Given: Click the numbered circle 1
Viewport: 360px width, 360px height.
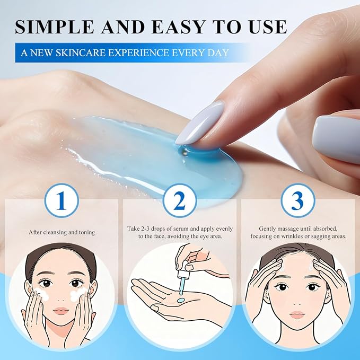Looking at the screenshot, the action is (x=62, y=200).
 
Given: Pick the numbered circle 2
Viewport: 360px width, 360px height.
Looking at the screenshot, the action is (x=180, y=200).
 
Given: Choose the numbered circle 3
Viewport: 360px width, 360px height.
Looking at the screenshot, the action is (x=298, y=200).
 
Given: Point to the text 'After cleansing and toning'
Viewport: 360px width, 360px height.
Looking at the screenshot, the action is (x=62, y=232).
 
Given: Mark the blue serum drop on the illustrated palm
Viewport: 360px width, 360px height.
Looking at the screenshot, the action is (x=181, y=300).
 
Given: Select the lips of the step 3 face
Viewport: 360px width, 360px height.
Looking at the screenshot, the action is (x=296, y=314).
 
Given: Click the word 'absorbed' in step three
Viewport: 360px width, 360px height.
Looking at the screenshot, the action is (x=324, y=229).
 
